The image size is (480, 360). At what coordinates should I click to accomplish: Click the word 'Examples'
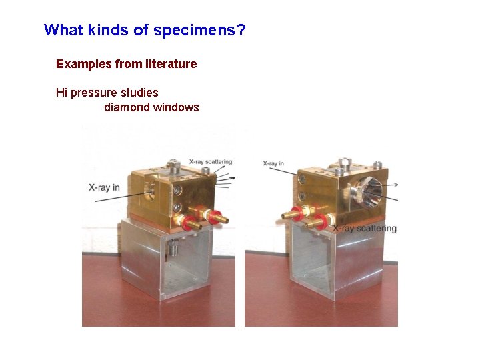(83, 64)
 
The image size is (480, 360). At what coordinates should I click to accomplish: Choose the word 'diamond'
(127, 107)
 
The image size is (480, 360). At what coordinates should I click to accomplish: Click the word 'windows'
(176, 107)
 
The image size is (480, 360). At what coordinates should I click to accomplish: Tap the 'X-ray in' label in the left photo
(104, 188)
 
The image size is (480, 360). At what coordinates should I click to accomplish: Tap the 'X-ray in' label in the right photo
(273, 163)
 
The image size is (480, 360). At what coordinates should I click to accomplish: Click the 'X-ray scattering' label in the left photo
(210, 161)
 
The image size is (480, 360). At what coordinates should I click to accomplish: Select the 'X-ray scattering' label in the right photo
(365, 229)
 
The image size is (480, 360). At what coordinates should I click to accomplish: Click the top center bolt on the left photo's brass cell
(174, 164)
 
